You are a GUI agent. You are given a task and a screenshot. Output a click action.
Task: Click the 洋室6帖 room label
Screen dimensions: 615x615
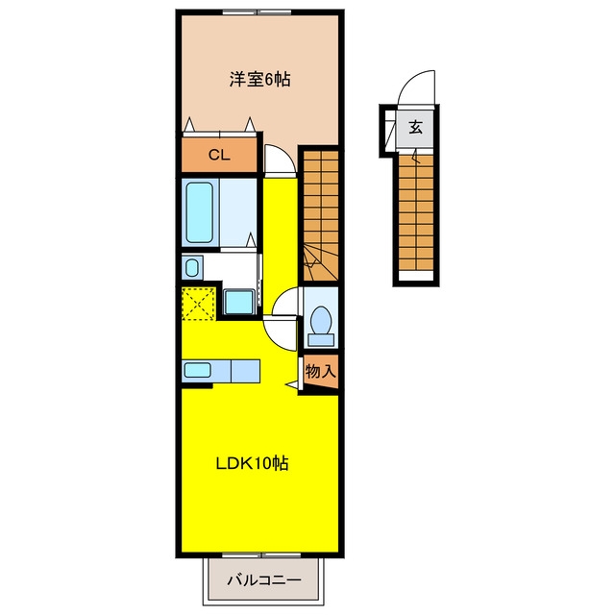[260, 80]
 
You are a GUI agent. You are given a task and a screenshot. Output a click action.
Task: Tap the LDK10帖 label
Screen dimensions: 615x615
[252, 463]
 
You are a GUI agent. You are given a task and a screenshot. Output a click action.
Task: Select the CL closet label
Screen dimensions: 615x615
[219, 156]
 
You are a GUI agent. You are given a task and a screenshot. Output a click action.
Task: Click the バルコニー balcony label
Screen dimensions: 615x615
[264, 580]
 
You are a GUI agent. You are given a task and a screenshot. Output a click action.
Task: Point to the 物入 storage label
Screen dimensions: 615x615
[321, 371]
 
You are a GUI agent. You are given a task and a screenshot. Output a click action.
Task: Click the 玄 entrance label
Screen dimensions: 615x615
[415, 128]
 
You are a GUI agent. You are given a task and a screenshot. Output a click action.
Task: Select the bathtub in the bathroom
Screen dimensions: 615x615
[200, 213]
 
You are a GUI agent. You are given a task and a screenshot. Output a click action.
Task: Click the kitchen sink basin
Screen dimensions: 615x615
[198, 370]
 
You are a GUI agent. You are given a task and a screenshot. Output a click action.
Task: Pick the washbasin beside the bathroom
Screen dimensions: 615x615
[192, 267]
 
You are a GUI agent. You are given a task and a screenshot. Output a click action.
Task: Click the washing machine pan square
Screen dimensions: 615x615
[239, 302]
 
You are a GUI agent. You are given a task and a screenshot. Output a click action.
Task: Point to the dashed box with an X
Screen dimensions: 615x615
[199, 304]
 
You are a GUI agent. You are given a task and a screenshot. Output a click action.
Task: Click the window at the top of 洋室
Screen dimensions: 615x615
[257, 12]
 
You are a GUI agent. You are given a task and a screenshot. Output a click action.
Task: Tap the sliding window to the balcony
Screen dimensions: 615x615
[261, 555]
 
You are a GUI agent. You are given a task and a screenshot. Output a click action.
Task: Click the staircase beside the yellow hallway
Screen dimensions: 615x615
[321, 215]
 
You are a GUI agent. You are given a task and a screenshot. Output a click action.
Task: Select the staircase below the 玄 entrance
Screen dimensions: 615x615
[416, 212]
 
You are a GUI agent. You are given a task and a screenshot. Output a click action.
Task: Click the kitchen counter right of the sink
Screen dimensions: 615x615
[246, 371]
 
